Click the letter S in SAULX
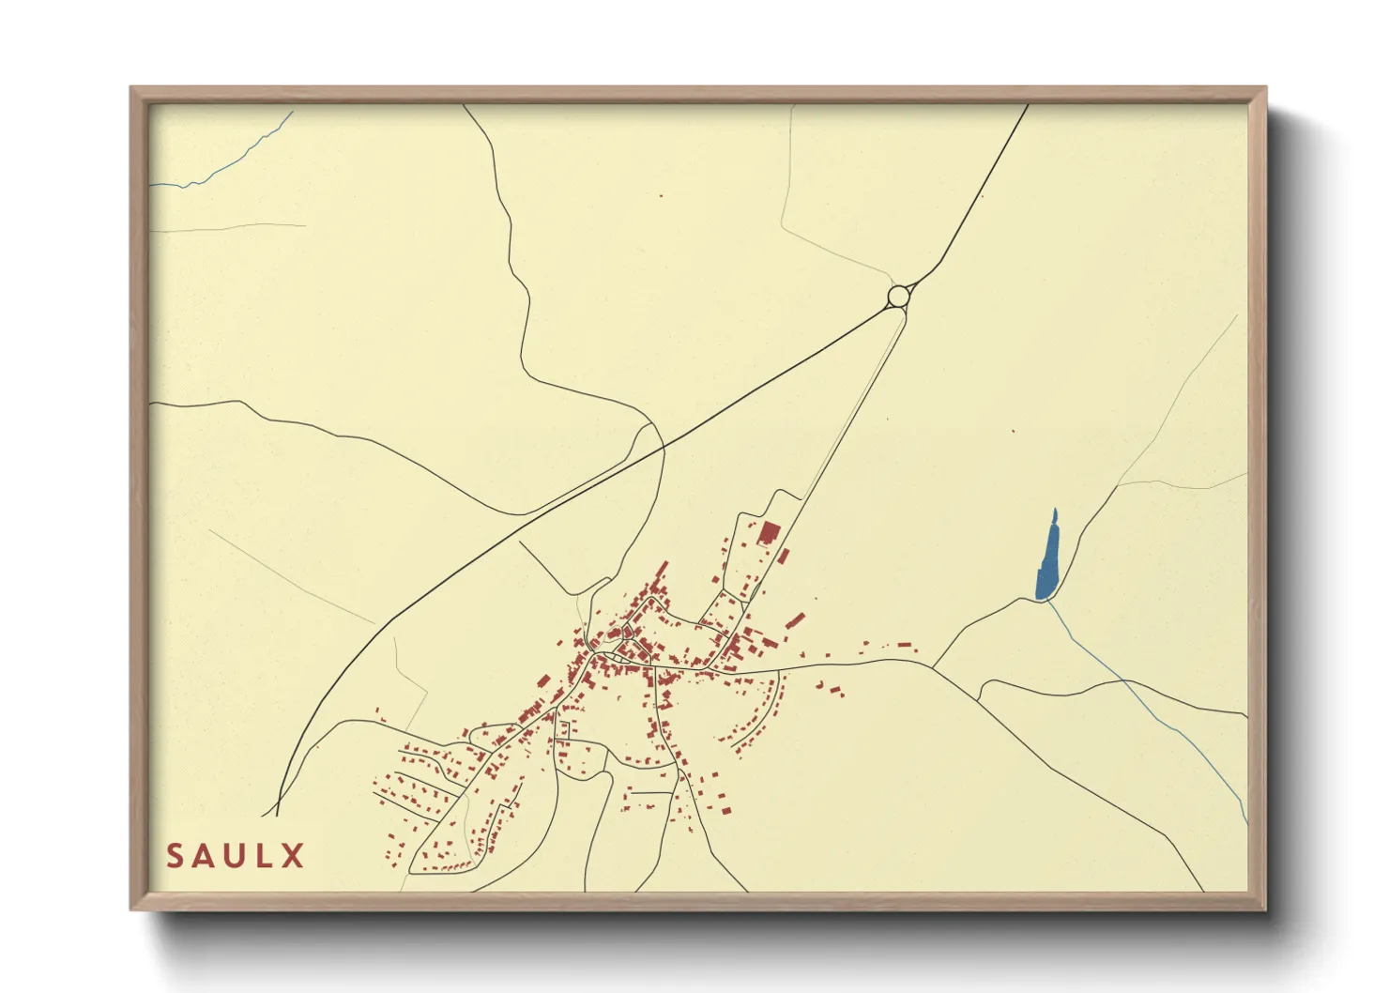click(x=176, y=856)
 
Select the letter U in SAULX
click(x=238, y=856)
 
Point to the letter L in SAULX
click(x=267, y=856)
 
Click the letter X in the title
click(x=294, y=856)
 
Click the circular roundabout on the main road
click(x=898, y=297)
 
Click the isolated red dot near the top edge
click(x=661, y=196)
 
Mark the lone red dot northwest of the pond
click(x=1013, y=432)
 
